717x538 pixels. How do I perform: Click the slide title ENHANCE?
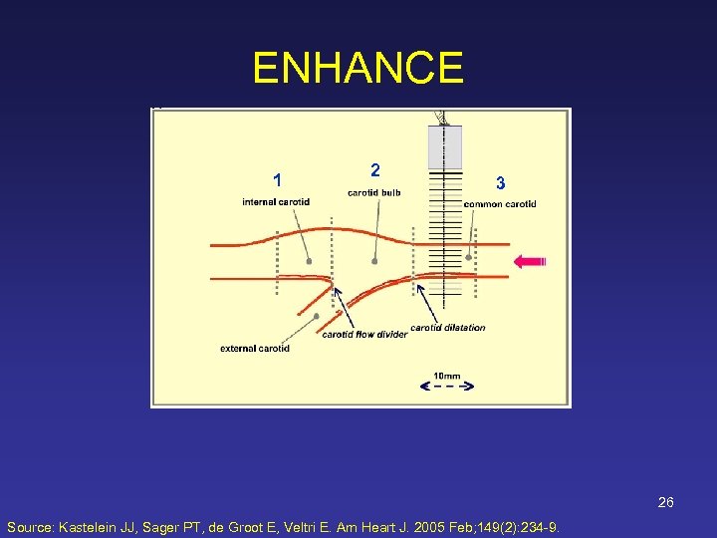[358, 69]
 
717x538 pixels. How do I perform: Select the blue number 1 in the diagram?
[278, 180]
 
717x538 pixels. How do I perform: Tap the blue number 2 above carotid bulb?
[373, 169]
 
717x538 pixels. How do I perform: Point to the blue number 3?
[500, 183]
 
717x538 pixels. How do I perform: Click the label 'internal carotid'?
[276, 202]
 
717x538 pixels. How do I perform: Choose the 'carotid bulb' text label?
[373, 192]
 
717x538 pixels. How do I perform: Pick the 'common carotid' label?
[500, 204]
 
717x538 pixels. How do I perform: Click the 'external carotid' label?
[255, 349]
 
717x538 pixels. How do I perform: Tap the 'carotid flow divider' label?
[364, 335]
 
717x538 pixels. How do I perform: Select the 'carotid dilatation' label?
[448, 328]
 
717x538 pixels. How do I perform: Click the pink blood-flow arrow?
[530, 261]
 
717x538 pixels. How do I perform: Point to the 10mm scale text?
[447, 376]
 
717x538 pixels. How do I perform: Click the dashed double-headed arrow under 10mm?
[447, 387]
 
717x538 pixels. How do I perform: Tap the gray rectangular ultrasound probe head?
[445, 147]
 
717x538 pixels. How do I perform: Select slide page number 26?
[665, 502]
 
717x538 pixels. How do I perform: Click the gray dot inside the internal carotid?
[309, 261]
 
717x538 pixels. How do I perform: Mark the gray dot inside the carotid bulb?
[374, 261]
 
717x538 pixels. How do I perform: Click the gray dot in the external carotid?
[316, 316]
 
